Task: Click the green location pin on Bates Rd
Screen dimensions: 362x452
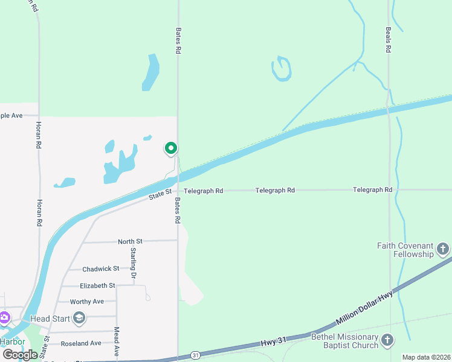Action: click(x=171, y=148)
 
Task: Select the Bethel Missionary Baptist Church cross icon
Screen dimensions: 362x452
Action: click(x=387, y=341)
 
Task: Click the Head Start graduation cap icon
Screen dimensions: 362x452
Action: click(x=79, y=318)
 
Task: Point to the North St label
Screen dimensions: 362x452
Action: click(x=130, y=241)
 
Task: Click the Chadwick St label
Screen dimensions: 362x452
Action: click(x=101, y=268)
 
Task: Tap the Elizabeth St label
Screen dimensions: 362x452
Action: click(x=97, y=285)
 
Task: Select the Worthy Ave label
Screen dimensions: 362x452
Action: click(x=87, y=301)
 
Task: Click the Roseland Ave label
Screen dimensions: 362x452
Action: click(x=81, y=343)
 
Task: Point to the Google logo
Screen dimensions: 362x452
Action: click(x=20, y=354)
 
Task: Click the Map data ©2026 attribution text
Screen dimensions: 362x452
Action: click(x=425, y=357)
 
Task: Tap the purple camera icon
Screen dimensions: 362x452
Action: click(x=5, y=317)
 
